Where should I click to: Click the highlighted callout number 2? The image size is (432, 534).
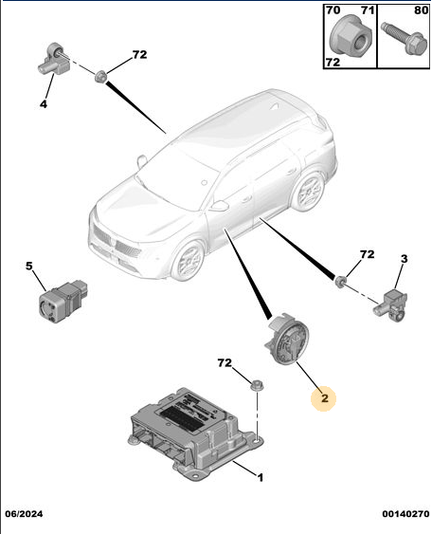pos(325,397)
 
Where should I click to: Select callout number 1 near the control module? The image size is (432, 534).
pos(261,478)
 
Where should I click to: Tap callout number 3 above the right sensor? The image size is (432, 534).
pos(404,259)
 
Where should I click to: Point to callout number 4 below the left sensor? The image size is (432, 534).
pos(44,104)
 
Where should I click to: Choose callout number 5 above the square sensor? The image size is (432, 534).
pos(29,266)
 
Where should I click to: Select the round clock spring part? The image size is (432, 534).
pos(287,340)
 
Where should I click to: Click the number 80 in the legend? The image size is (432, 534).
pos(422,10)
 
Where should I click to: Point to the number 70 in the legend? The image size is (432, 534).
pos(333,10)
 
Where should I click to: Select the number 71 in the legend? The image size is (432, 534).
pos(368,10)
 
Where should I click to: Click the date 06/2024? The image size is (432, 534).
pos(24,513)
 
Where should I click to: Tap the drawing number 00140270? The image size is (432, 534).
pos(405,513)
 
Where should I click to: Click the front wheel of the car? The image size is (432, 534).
pos(188,260)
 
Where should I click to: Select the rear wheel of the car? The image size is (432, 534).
pos(309,192)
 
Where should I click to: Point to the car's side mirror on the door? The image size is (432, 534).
pos(219,206)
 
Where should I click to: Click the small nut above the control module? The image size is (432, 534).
pos(257,385)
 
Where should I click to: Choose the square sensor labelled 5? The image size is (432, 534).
pos(63,301)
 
